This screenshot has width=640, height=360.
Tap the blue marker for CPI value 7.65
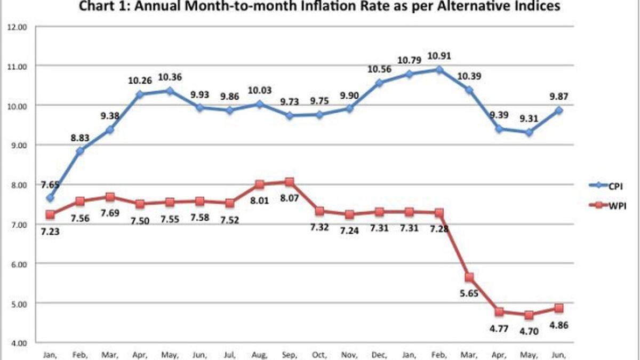[x=50, y=198]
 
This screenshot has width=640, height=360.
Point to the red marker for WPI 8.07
[x=290, y=182]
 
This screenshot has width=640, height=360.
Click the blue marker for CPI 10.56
[x=380, y=83]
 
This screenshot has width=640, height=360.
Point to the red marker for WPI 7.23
[x=50, y=214]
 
